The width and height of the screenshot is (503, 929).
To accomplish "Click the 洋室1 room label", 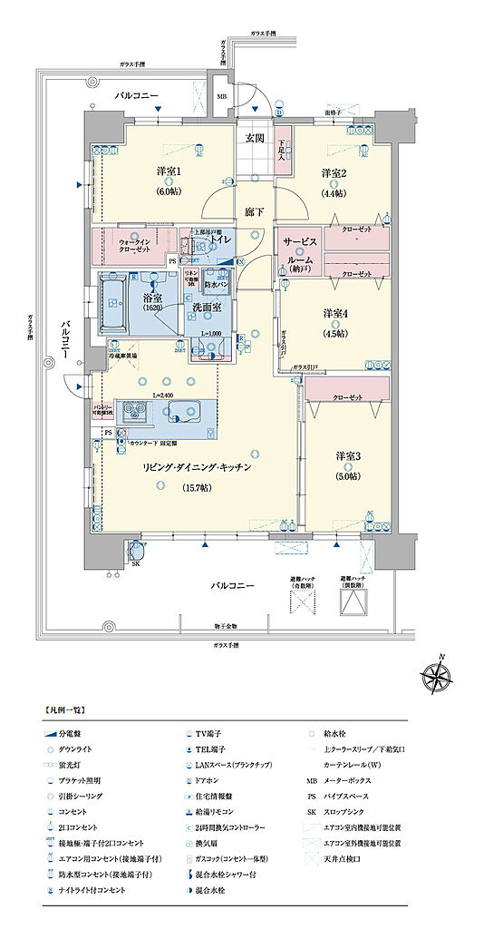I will point(168,171).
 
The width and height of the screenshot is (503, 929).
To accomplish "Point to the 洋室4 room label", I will point(336,313).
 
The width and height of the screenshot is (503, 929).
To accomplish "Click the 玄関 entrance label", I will point(254,138).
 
